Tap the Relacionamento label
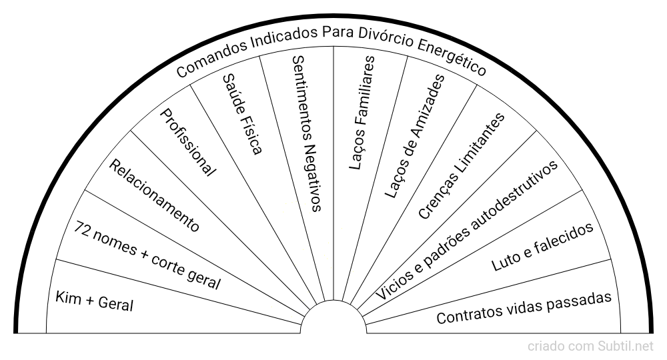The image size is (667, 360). pyautogui.click(x=154, y=195)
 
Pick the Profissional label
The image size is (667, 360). pyautogui.click(x=189, y=143)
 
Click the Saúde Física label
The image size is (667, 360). pyautogui.click(x=241, y=113)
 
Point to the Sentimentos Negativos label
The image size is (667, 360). pyautogui.click(x=307, y=133)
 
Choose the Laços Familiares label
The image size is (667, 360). pyautogui.click(x=363, y=113)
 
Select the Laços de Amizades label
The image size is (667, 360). pyautogui.click(x=414, y=136)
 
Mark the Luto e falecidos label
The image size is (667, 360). pyautogui.click(x=542, y=247)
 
